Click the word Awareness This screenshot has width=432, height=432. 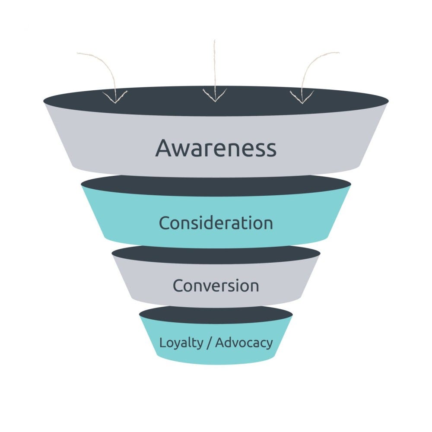[x=216, y=148]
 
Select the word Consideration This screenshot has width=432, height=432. [x=216, y=223]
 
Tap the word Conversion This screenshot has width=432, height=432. [x=216, y=286]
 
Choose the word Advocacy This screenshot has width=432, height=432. [x=244, y=343]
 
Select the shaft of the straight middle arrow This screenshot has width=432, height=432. [x=215, y=65]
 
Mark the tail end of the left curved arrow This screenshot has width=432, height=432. [x=78, y=54]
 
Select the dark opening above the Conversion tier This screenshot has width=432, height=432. [x=216, y=254]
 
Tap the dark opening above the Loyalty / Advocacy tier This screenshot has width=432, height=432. [x=216, y=314]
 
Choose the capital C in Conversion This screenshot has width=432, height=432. [x=178, y=286]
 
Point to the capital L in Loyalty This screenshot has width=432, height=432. [x=162, y=343]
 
